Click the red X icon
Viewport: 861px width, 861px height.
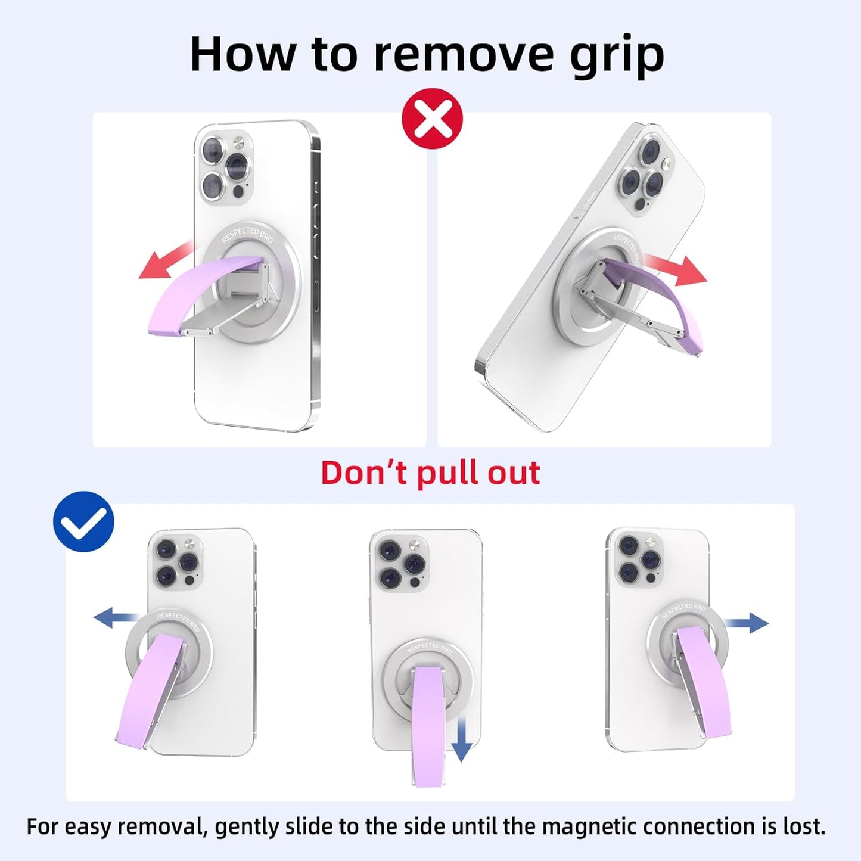433,119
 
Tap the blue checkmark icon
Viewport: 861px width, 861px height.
83,521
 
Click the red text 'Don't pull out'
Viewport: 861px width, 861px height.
430,473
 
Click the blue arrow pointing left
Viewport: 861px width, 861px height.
116,617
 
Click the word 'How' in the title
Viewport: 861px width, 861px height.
242,54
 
